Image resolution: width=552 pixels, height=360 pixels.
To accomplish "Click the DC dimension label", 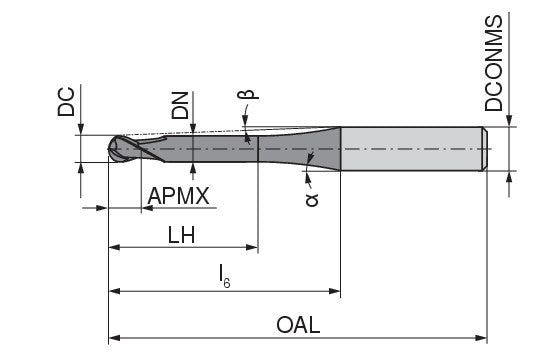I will click(67, 103).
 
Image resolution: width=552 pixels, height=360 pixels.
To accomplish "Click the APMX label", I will click(178, 196).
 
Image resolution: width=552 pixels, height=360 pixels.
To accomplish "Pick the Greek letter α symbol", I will click(311, 199).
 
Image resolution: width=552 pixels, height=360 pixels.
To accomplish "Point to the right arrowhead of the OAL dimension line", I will click(483, 337).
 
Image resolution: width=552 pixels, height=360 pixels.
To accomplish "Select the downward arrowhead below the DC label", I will click(81, 130).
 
